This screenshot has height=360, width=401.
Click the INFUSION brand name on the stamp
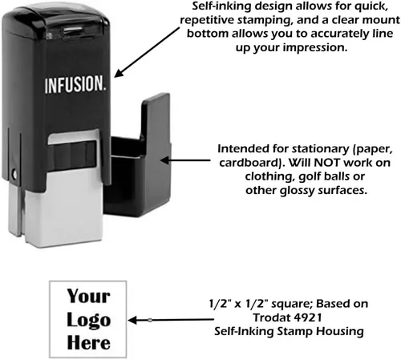click(x=75, y=84)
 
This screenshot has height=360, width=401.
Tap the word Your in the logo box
click(x=88, y=296)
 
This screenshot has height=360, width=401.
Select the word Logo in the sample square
click(x=89, y=321)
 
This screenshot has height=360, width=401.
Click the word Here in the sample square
click(x=89, y=342)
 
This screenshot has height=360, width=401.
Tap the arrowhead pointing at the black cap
click(x=165, y=160)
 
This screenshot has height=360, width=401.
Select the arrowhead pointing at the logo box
click(x=132, y=320)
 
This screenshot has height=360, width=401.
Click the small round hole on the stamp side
click(x=14, y=175)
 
